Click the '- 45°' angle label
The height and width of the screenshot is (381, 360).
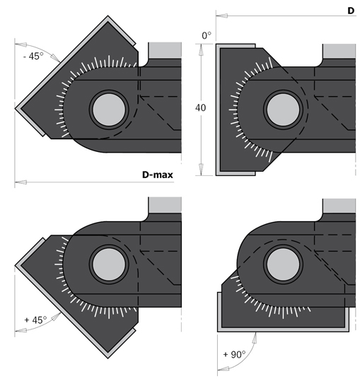33,57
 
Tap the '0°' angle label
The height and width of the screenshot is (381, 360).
207,36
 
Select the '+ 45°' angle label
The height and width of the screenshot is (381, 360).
35,320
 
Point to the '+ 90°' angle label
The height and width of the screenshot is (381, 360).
234,355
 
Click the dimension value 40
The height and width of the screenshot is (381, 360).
201,107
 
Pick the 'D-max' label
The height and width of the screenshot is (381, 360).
158,175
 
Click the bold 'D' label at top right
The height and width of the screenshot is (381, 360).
351,11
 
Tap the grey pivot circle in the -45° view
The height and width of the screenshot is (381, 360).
109,110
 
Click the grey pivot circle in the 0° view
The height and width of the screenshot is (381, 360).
283,110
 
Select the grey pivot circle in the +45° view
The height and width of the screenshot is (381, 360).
109,264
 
